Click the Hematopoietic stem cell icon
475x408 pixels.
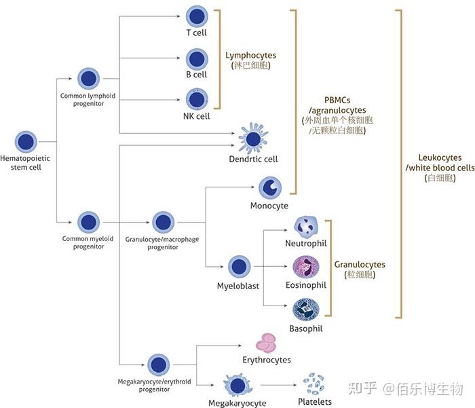26,142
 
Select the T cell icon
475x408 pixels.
197,16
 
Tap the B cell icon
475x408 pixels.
197,59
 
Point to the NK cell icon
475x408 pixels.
197,99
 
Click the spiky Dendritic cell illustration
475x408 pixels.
253,138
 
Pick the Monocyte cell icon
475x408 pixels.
270,188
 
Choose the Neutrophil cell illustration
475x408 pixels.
306,227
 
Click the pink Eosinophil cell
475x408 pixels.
306,267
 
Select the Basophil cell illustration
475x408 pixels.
306,310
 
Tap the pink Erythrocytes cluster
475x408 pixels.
266,344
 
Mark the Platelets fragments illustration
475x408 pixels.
313,384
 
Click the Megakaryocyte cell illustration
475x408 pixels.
237,386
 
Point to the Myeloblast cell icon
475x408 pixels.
240,267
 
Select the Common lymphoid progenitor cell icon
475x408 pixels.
88,79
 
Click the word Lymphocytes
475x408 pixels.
251,55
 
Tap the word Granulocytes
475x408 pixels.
360,264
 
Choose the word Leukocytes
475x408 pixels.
440,157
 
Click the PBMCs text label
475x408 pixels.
337,100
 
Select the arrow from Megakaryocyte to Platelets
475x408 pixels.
278,386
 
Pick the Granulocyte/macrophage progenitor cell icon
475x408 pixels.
164,222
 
